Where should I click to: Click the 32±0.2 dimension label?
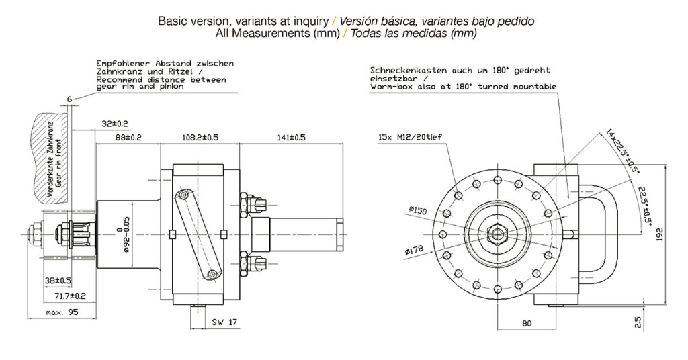[x=115, y=123]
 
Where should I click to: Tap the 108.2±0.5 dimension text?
[x=200, y=137]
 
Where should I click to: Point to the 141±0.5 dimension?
[x=291, y=137]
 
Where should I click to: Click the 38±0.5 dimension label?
[x=58, y=281]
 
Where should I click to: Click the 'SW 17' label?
[x=225, y=323]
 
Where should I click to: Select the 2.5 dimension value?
[x=638, y=322]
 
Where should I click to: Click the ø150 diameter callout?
[x=417, y=210]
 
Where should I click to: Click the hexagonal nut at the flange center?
[x=498, y=234]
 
